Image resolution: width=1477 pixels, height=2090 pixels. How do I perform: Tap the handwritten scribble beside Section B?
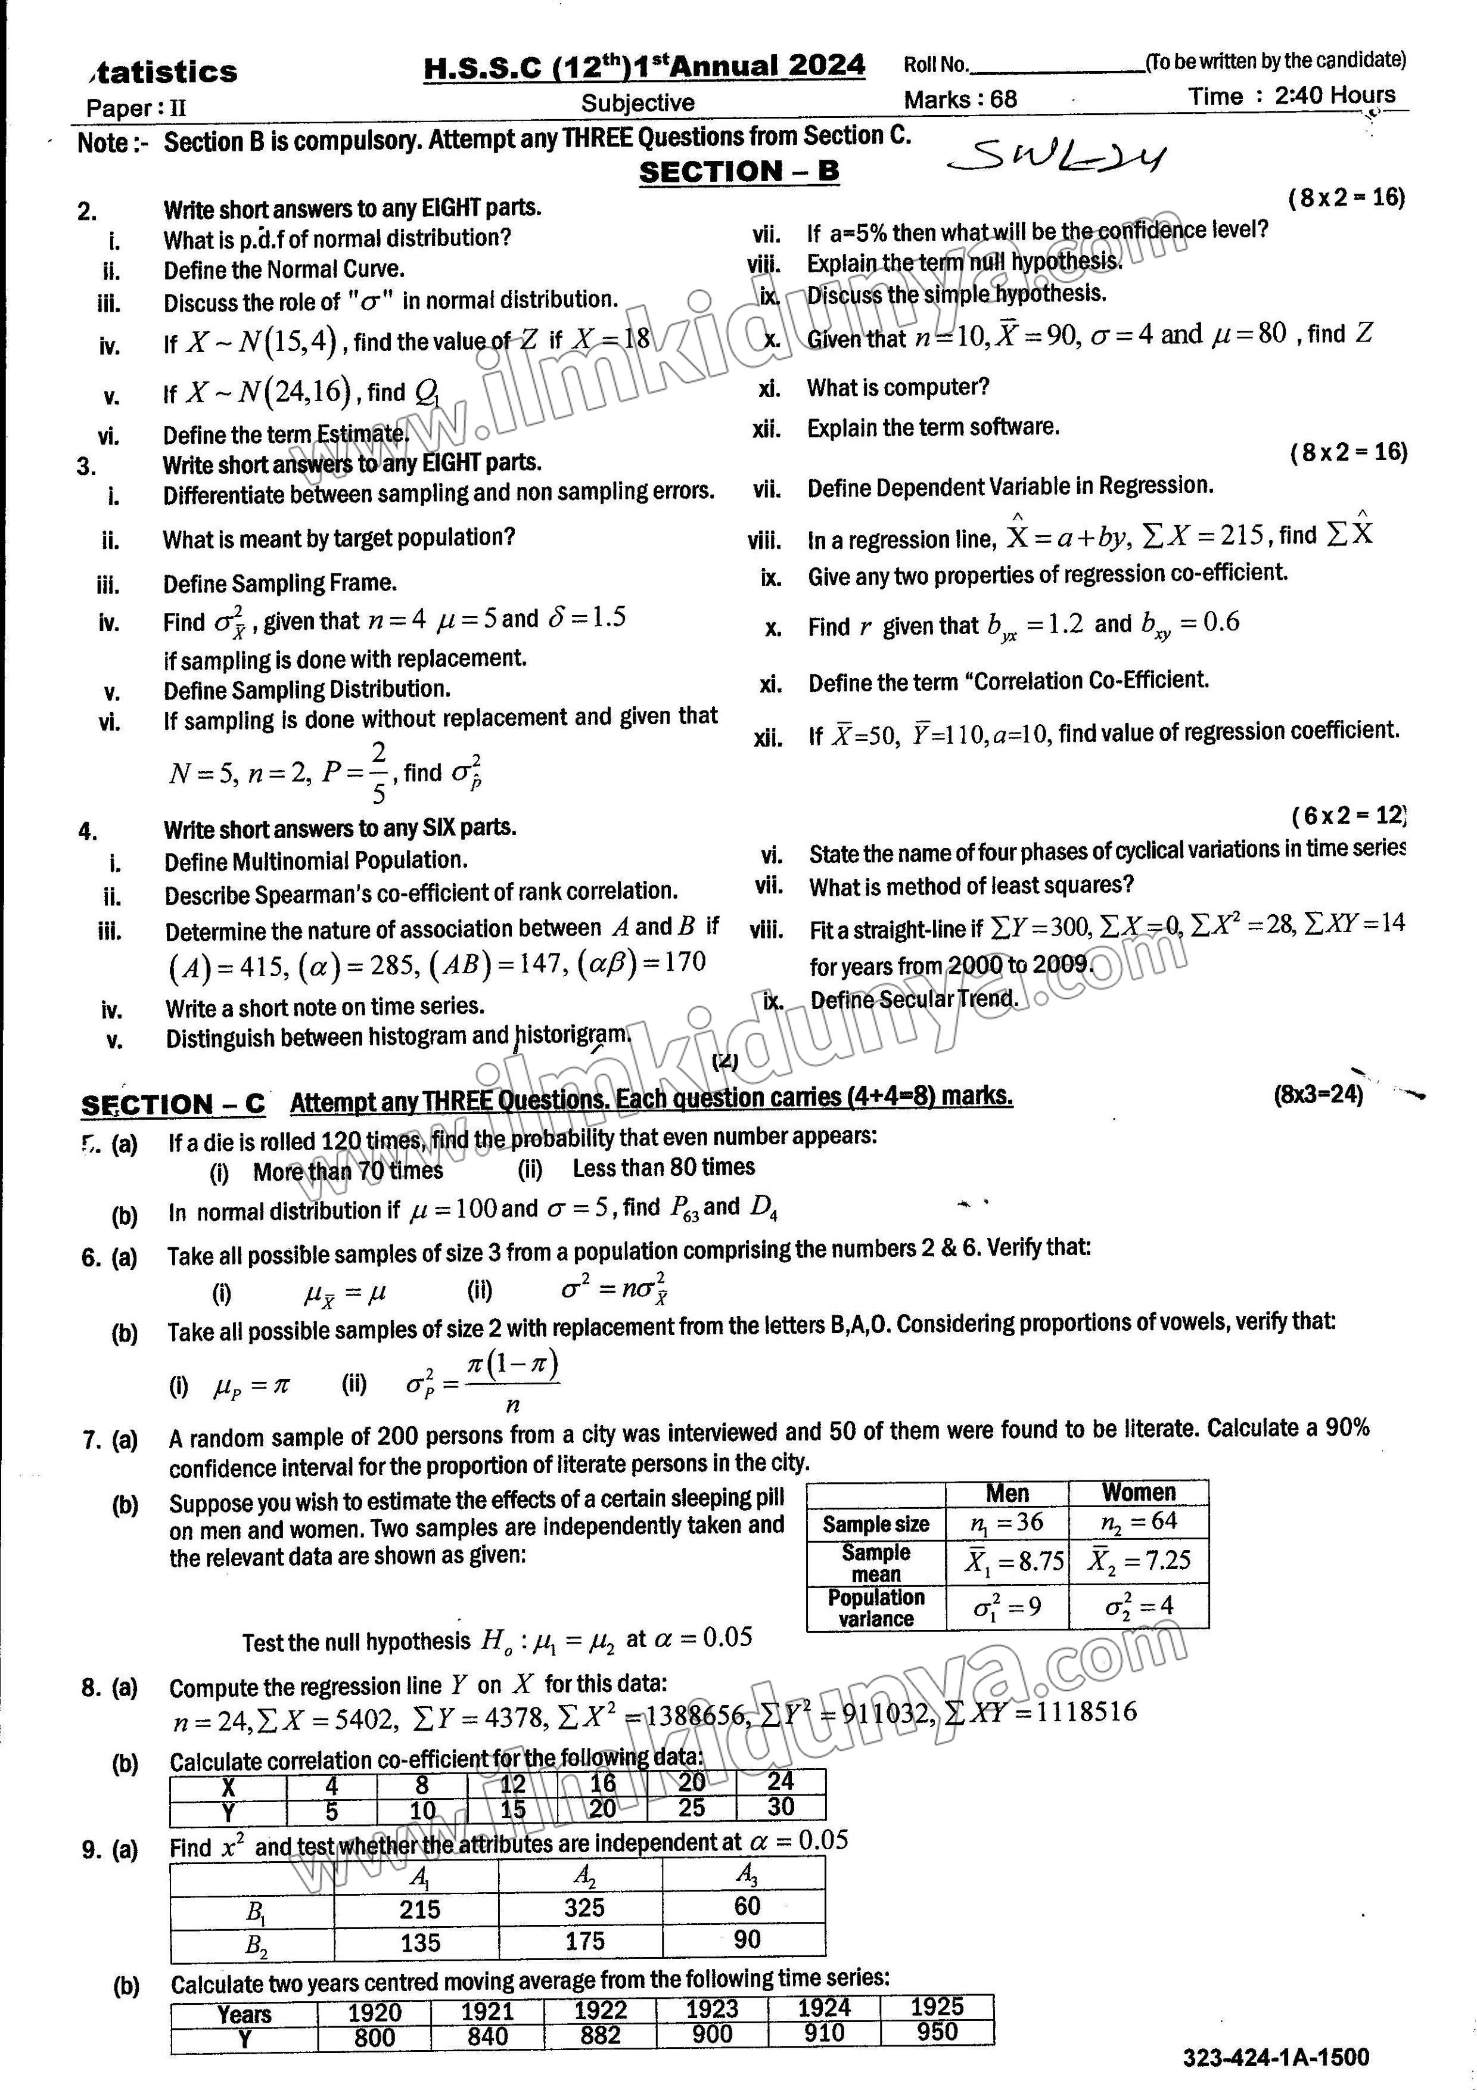(x=1056, y=159)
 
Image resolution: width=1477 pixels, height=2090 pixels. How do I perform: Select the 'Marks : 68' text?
(x=960, y=99)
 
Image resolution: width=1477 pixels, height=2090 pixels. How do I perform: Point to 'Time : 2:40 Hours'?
(x=1291, y=95)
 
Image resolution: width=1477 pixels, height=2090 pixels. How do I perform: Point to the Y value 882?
(x=600, y=2035)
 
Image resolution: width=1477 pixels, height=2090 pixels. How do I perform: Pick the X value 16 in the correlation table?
(x=602, y=1782)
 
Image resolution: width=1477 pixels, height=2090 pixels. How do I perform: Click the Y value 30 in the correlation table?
(x=781, y=1807)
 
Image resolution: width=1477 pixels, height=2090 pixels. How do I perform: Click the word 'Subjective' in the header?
(x=638, y=103)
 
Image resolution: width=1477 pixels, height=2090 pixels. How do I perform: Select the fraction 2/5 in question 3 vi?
(x=378, y=771)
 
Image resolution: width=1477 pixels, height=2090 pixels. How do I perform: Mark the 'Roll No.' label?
(x=935, y=64)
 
